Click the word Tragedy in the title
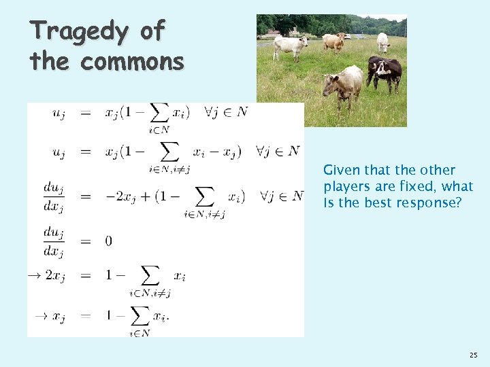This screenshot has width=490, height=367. pos(79,31)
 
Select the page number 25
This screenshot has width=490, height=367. pos(473,355)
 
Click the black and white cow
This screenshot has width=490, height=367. pos(385,71)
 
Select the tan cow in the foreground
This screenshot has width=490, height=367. pos(344,84)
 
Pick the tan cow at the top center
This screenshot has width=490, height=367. pos(334,41)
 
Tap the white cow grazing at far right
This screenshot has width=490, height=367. pos(383,42)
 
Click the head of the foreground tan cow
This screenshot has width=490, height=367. pos(330,86)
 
